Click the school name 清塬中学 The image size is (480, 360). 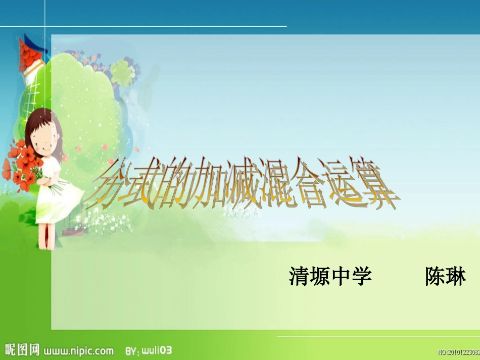tap(330, 277)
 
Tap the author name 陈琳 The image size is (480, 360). tap(445, 277)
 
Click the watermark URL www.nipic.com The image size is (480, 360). tap(78, 349)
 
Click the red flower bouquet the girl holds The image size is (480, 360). tap(23, 162)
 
